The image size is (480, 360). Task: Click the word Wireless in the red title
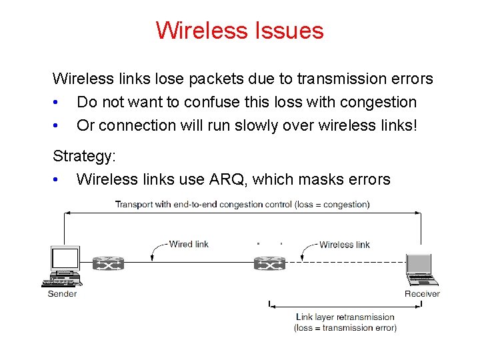click(201, 31)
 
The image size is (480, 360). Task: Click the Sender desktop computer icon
click(65, 266)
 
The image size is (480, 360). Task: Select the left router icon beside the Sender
click(108, 264)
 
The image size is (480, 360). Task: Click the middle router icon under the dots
click(270, 263)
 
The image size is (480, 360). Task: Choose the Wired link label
click(189, 244)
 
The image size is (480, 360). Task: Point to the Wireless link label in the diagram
click(344, 245)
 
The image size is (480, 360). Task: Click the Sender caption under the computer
click(62, 294)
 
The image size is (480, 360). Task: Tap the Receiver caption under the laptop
click(422, 294)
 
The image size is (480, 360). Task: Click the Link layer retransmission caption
click(345, 317)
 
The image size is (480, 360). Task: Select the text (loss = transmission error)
click(345, 328)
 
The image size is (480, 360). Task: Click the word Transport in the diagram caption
click(134, 205)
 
